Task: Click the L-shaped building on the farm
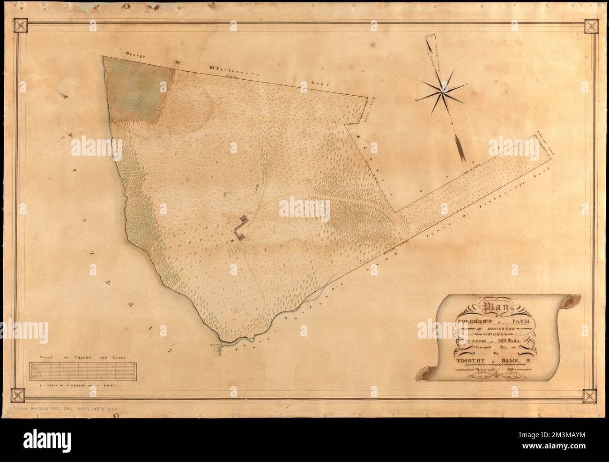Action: pyautogui.click(x=241, y=229)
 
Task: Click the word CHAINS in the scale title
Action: pyautogui.click(x=83, y=357)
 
